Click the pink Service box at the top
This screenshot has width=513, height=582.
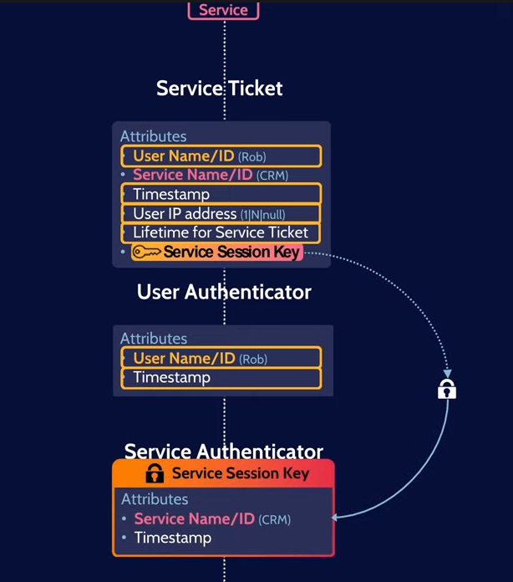click(x=223, y=10)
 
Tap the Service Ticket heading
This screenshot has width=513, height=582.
click(x=220, y=88)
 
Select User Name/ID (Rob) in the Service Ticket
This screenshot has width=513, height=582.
click(x=221, y=156)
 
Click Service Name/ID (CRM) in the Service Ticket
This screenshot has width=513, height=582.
click(x=211, y=175)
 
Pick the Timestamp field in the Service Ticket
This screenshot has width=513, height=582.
click(x=221, y=194)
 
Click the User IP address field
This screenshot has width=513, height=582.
click(x=221, y=213)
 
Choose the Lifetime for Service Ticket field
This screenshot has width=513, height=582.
click(x=221, y=232)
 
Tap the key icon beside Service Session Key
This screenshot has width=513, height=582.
click(x=147, y=252)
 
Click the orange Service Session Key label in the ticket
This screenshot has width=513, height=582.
click(x=231, y=252)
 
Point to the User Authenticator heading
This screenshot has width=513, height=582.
click(x=224, y=292)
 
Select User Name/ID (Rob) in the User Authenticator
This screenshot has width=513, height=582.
click(x=221, y=358)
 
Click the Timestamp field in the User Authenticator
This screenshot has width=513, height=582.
click(x=221, y=377)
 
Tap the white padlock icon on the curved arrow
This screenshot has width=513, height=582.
click(x=447, y=389)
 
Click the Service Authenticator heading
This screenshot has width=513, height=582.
click(x=223, y=452)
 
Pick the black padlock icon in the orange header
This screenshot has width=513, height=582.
click(x=155, y=473)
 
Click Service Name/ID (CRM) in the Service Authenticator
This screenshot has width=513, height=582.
click(x=212, y=519)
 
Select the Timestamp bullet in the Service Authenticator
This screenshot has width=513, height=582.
click(x=172, y=538)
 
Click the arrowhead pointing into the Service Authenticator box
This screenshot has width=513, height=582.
click(x=336, y=518)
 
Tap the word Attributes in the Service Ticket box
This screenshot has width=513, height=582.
click(x=153, y=136)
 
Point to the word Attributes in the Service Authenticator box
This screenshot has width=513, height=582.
click(x=155, y=499)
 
